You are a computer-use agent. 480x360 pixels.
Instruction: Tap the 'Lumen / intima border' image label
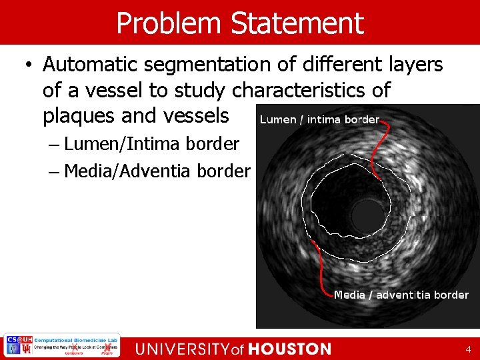click(x=319, y=120)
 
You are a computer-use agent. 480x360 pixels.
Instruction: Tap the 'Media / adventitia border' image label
click(x=401, y=295)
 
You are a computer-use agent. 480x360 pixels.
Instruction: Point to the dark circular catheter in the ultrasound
click(x=364, y=213)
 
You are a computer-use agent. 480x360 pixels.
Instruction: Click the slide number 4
click(x=469, y=349)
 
